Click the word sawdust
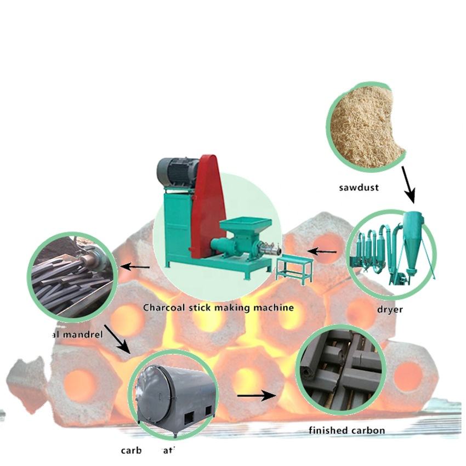tap(359, 187)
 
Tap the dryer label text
tap(390, 309)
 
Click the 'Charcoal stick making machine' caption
tap(218, 308)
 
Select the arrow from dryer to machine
tap(322, 252)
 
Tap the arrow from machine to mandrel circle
tap(134, 267)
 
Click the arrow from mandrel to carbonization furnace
tap(117, 339)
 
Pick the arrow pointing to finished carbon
tap(256, 395)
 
